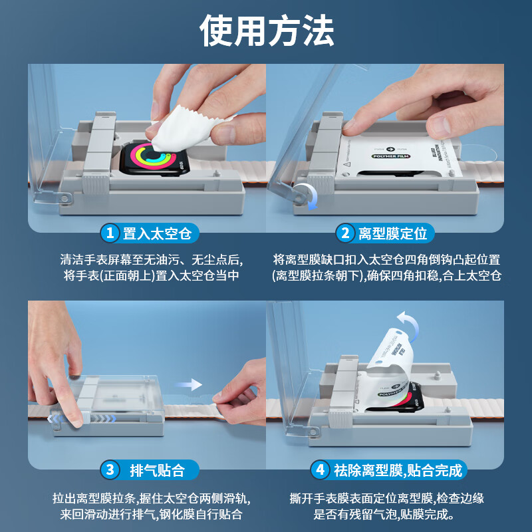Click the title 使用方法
point(266,31)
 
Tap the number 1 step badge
point(109,233)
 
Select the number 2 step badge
point(344,233)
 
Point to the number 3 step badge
point(110,470)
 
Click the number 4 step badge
point(321,470)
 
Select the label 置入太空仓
point(158,233)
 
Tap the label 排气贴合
point(158,470)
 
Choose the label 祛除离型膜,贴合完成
point(397,470)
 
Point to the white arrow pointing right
point(192,384)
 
